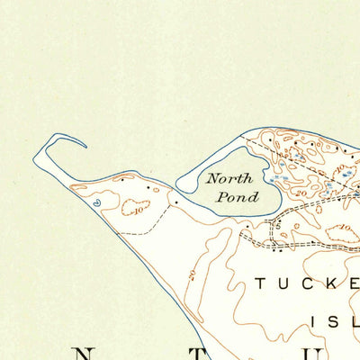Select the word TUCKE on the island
point(306,284)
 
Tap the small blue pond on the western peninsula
point(96,203)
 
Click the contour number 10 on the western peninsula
point(138,210)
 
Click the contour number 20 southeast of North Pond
point(301,192)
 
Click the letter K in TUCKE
point(327,284)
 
